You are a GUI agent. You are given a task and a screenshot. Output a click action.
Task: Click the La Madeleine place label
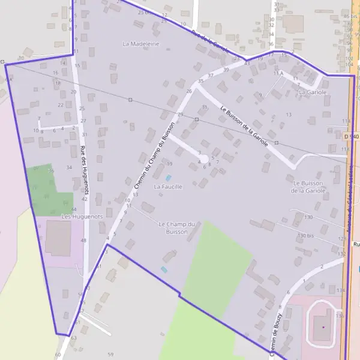pyautogui.click(x=141, y=44)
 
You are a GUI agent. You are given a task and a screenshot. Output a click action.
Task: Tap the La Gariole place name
pyautogui.click(x=313, y=92)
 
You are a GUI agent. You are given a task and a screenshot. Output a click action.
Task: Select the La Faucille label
pyautogui.click(x=168, y=187)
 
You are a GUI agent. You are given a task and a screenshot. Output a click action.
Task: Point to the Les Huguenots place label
pyautogui.click(x=83, y=216)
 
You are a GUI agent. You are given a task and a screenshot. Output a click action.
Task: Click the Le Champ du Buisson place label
pyautogui.click(x=178, y=227)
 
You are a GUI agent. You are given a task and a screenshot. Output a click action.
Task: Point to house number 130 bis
pyautogui.click(x=306, y=236)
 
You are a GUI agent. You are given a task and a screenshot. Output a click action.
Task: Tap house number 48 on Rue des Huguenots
pyautogui.click(x=83, y=241)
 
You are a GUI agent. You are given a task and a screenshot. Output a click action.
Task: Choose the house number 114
pyautogui.click(x=346, y=121)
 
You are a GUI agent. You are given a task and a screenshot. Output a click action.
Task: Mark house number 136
pyautogui.click(x=340, y=316)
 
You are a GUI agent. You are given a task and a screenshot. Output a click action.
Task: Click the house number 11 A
pyautogui.click(x=278, y=73)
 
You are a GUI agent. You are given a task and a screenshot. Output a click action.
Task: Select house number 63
pyautogui.click(x=74, y=338)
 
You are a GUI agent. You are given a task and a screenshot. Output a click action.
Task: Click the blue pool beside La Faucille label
pyautogui.click(x=168, y=178)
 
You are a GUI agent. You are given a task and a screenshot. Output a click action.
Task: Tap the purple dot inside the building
pyautogui.click(x=323, y=327)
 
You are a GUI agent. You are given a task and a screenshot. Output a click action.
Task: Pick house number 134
pyautogui.click(x=341, y=290)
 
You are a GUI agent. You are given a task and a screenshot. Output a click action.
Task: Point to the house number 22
pyautogui.click(x=61, y=104)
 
